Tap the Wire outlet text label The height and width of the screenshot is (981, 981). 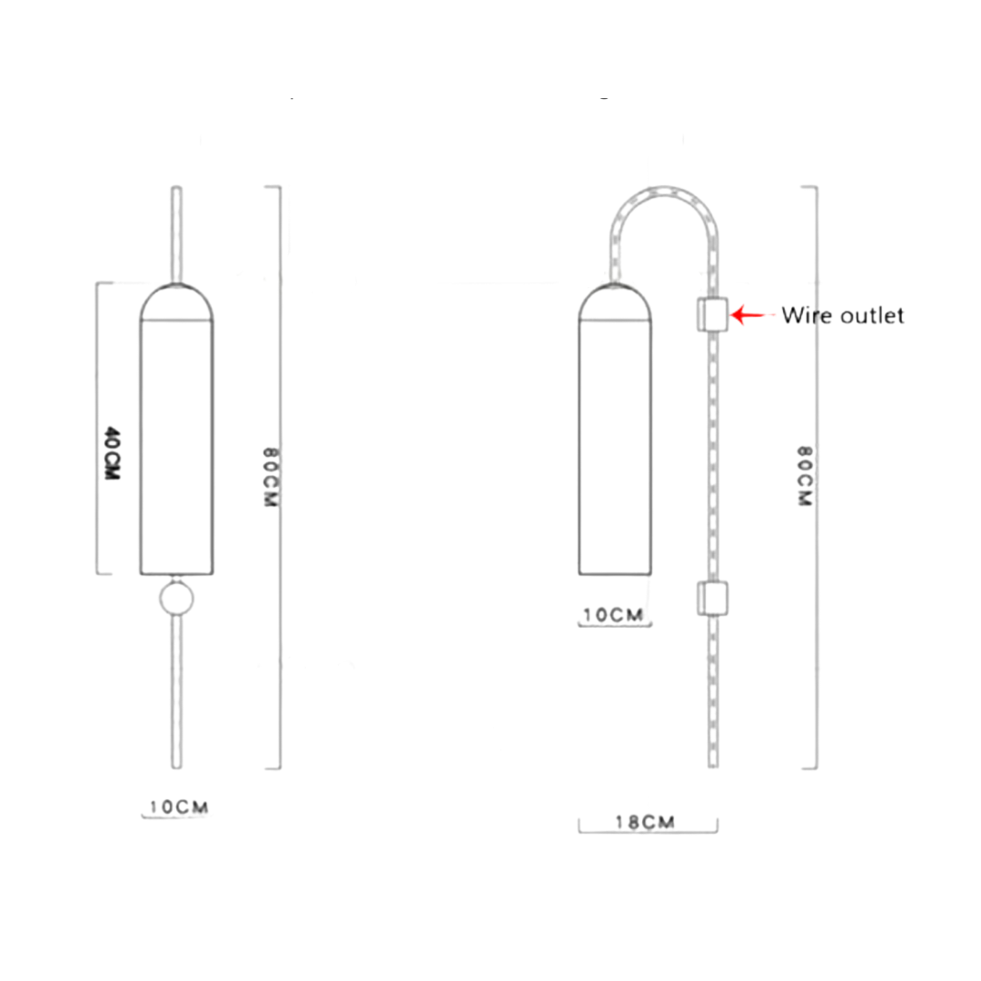(x=843, y=315)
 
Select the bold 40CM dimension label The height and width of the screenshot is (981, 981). (x=112, y=453)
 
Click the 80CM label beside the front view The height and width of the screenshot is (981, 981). (x=268, y=477)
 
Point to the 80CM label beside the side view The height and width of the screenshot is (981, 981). (x=804, y=475)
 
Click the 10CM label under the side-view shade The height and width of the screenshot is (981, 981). (x=613, y=615)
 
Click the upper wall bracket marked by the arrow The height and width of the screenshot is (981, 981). (x=712, y=314)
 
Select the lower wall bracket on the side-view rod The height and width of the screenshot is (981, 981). (x=712, y=598)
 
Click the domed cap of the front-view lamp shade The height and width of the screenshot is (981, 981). (x=177, y=303)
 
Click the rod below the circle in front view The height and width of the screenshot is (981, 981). (x=177, y=690)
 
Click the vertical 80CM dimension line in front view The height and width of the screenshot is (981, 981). (x=280, y=636)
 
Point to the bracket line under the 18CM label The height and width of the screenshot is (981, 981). (x=648, y=831)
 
